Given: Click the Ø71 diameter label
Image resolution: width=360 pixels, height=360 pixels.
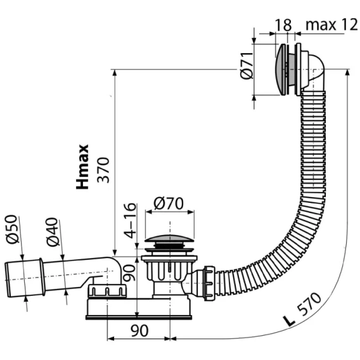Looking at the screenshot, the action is click(x=247, y=66).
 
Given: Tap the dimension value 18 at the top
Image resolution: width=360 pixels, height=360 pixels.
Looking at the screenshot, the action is click(x=283, y=25).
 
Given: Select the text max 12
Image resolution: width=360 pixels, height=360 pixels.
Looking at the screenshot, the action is click(x=331, y=25).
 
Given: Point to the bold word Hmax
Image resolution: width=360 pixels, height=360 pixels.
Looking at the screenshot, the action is click(x=82, y=167).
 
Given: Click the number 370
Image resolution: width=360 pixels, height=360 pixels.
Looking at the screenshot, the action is click(x=103, y=170).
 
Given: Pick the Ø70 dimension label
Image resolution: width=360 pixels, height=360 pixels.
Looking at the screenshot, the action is click(x=169, y=203).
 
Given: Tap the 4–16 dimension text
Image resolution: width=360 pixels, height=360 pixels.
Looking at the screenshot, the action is click(x=130, y=221).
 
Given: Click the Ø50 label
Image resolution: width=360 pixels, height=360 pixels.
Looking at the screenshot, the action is click(x=11, y=229).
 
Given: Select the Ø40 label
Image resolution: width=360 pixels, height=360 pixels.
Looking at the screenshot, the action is click(x=52, y=232).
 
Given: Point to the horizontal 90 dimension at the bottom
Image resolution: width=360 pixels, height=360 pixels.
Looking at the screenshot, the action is click(x=139, y=331).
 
